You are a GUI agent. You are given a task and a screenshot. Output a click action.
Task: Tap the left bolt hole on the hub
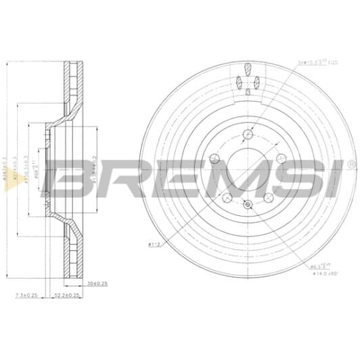[213, 159]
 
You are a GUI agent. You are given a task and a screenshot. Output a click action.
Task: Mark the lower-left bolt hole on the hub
[227, 198]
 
